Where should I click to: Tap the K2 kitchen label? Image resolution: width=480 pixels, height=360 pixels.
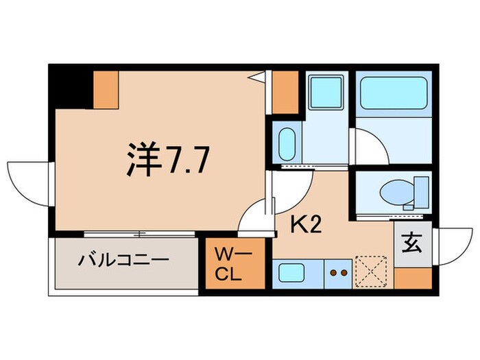coord(307,224)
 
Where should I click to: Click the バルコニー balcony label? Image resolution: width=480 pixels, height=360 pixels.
coord(123,261)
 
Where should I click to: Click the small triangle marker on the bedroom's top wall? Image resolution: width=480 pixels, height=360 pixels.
coord(259,77)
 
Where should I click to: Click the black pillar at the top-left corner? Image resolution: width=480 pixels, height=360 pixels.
coord(69,86)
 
